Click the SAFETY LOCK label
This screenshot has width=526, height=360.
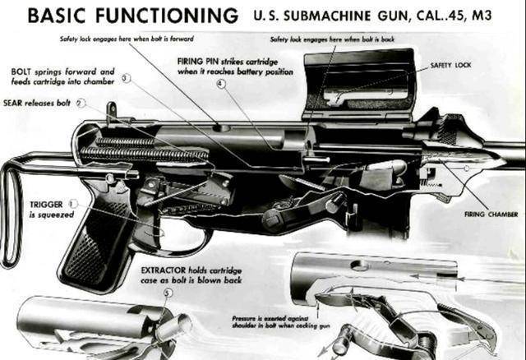click(x=450, y=65)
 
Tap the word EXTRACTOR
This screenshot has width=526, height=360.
click(x=168, y=270)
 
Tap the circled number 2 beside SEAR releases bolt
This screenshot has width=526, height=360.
click(x=80, y=104)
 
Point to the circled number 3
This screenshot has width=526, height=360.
click(x=126, y=78)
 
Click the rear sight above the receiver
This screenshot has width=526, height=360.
click(x=110, y=111)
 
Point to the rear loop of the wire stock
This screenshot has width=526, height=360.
click(x=10, y=214)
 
